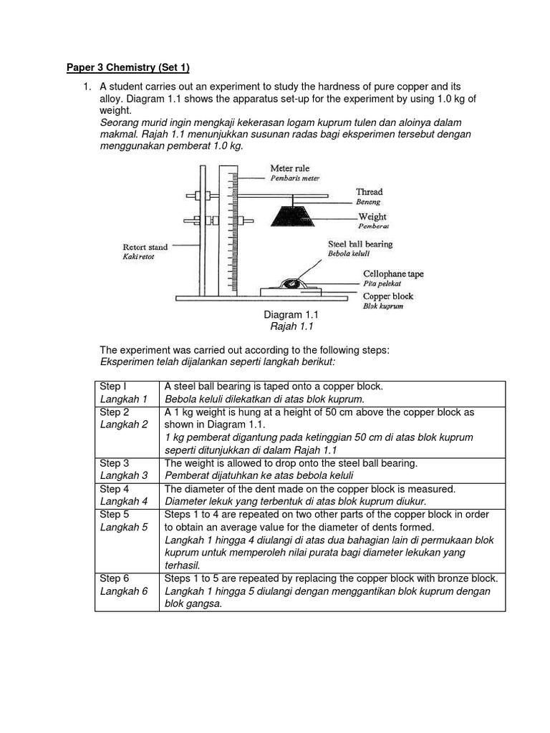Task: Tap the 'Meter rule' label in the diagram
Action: tap(290, 168)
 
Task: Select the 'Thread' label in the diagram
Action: tap(369, 192)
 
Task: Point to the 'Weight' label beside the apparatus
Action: tap(372, 216)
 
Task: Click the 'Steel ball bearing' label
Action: tap(360, 244)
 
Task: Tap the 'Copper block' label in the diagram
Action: tap(387, 296)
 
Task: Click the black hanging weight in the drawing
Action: tap(295, 215)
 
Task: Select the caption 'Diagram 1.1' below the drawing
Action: tap(291, 315)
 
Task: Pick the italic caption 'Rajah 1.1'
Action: tap(291, 326)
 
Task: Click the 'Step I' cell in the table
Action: tap(113, 387)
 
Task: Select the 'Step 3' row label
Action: tap(115, 463)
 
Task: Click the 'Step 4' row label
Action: tap(115, 489)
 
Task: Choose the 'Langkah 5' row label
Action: tap(123, 527)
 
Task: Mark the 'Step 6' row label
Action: tap(115, 578)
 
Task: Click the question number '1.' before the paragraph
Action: tap(86, 87)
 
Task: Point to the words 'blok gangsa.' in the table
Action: tap(193, 603)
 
